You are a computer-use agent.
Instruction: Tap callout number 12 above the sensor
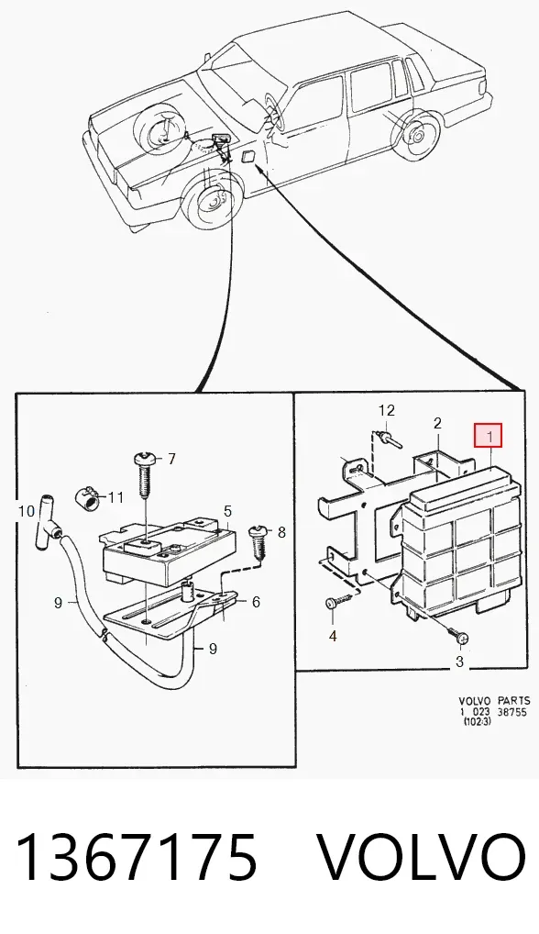click(x=387, y=410)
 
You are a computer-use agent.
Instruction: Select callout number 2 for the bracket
click(x=437, y=424)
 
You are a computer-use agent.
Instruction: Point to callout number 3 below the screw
click(x=459, y=662)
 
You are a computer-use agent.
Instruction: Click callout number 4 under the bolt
click(x=333, y=637)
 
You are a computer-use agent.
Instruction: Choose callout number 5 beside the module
click(x=227, y=512)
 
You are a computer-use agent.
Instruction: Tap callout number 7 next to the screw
click(x=172, y=459)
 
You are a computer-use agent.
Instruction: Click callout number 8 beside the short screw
click(x=281, y=532)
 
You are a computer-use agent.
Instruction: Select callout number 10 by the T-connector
click(x=27, y=511)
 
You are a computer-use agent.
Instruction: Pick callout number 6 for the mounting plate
click(x=256, y=602)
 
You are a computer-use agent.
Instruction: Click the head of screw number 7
click(x=146, y=460)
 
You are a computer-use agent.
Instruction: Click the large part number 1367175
click(x=137, y=857)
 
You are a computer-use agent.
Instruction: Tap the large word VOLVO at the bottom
click(x=421, y=857)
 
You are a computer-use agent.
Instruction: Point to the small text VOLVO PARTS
click(x=492, y=702)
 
